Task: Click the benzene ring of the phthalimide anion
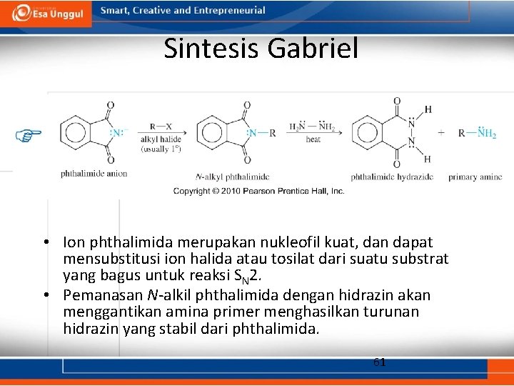click(x=74, y=133)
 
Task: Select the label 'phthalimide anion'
click(x=94, y=174)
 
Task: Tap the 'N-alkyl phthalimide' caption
click(x=233, y=177)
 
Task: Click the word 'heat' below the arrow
click(x=313, y=140)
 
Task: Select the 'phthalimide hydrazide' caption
click(x=392, y=177)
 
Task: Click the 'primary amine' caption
click(x=475, y=177)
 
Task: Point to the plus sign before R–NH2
click(x=441, y=133)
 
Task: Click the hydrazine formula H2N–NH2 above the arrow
click(x=313, y=127)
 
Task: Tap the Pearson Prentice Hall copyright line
click(x=258, y=191)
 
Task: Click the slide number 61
click(x=380, y=362)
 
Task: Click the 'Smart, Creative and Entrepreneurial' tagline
click(x=183, y=11)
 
